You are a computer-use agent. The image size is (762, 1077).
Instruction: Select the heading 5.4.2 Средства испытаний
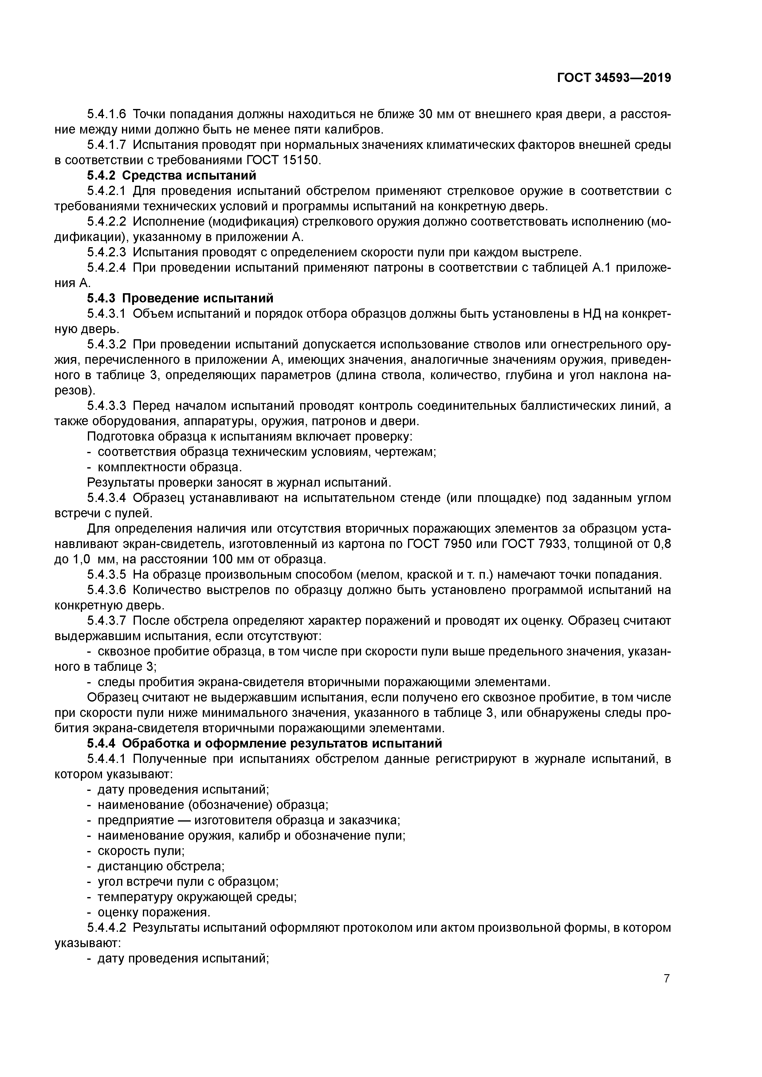coord(172,175)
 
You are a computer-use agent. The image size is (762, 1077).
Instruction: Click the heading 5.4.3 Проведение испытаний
coord(180,298)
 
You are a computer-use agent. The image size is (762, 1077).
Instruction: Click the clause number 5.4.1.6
coord(107,114)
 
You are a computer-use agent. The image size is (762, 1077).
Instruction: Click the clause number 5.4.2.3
coord(107,252)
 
